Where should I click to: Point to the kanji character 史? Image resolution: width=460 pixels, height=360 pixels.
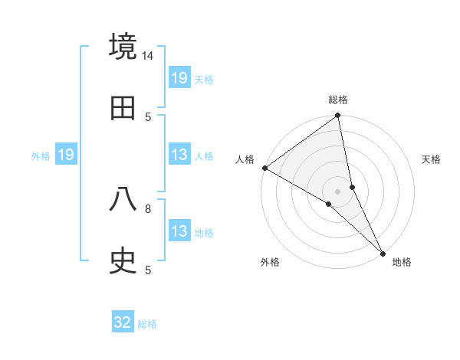[x=123, y=261]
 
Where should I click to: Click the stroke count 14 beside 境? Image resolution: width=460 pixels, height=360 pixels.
[x=148, y=56]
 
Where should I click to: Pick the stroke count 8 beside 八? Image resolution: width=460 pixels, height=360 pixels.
[x=148, y=208]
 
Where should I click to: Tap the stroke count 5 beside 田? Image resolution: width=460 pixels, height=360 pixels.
[x=148, y=116]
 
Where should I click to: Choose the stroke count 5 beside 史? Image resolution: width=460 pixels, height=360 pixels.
[x=148, y=270]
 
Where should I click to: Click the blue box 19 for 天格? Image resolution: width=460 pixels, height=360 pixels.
[x=179, y=77]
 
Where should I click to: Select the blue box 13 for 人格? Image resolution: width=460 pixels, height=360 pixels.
[x=179, y=155]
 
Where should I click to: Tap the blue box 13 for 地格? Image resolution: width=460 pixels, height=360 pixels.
[x=179, y=231]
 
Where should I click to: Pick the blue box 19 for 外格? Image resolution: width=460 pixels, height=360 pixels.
[x=66, y=155]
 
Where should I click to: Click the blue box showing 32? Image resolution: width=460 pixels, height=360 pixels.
[x=123, y=322]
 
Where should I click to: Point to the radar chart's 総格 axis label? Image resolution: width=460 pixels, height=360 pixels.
[x=338, y=100]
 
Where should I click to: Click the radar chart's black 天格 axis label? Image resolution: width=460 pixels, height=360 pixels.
[x=432, y=159]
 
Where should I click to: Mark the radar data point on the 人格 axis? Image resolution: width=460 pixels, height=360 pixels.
[x=264, y=168]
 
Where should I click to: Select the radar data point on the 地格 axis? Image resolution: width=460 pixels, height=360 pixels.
[x=383, y=252]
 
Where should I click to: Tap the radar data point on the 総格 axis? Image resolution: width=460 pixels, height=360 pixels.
[x=338, y=116]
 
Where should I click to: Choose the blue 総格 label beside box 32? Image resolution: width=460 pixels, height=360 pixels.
[x=147, y=324]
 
